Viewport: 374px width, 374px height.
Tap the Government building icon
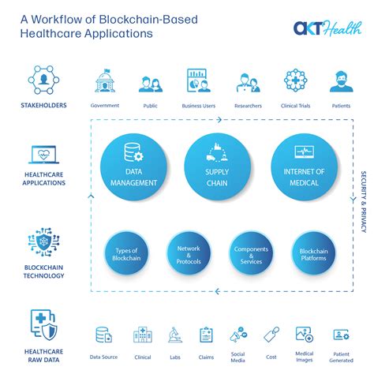click(105, 81)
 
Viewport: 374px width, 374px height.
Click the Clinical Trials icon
click(295, 81)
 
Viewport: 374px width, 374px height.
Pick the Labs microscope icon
click(175, 335)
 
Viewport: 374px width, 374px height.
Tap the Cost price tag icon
click(271, 335)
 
